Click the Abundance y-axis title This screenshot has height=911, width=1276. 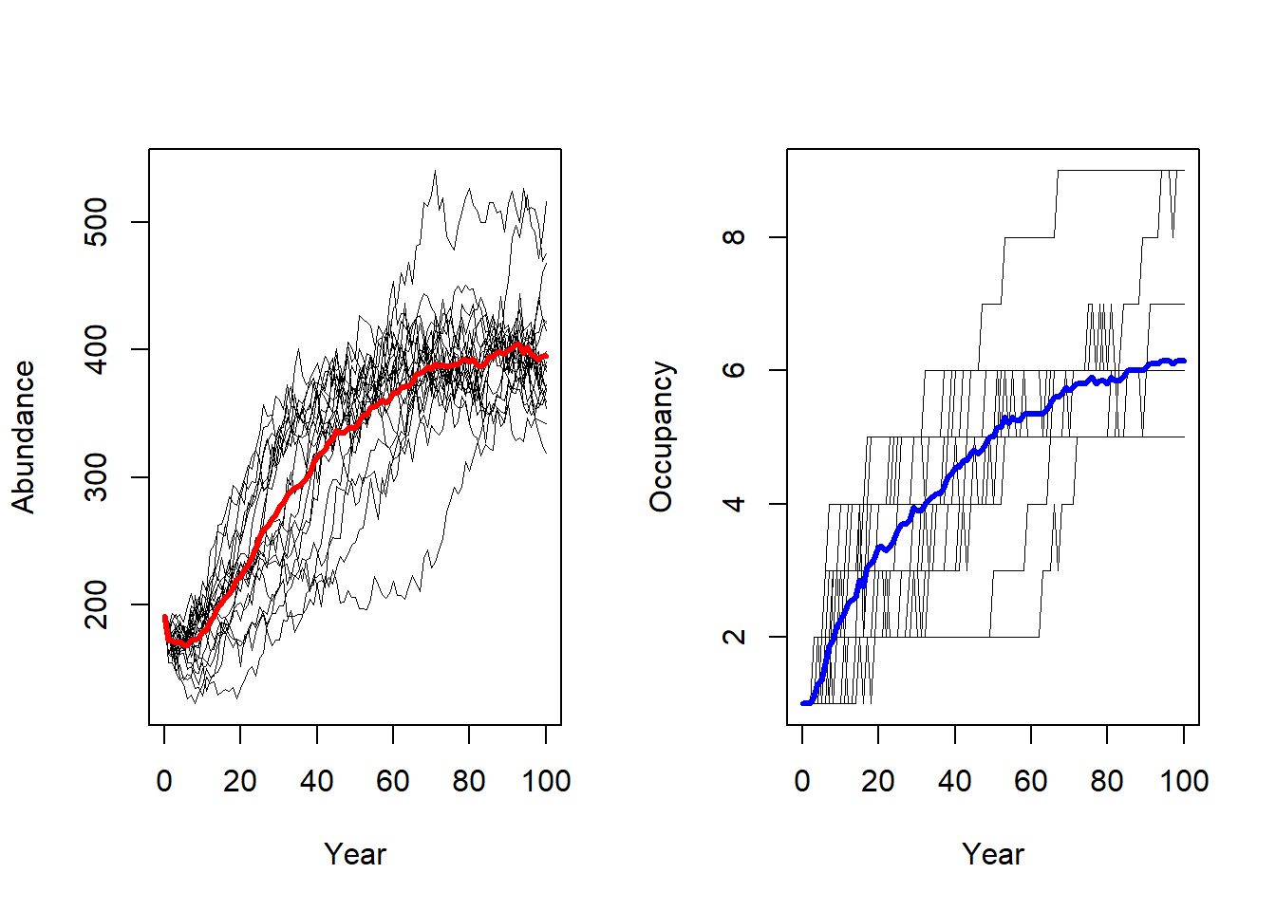(24, 437)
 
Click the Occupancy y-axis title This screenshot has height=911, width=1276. (662, 437)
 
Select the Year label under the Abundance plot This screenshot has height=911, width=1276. (355, 854)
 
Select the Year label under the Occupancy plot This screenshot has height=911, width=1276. (993, 854)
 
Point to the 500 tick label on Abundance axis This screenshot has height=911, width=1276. (97, 222)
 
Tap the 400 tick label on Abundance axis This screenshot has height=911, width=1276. (97, 349)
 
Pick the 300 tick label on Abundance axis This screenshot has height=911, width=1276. (97, 476)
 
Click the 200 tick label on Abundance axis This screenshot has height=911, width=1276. (97, 604)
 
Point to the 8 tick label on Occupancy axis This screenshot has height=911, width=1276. (735, 236)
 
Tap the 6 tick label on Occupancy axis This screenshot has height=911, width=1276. (735, 370)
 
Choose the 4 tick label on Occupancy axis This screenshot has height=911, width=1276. (735, 503)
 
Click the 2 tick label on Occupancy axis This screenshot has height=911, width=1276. (735, 636)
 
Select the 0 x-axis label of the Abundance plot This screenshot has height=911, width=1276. (164, 781)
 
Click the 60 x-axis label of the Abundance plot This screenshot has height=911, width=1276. (393, 781)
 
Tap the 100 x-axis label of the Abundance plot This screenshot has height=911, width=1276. (546, 781)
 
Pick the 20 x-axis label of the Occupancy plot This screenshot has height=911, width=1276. (878, 781)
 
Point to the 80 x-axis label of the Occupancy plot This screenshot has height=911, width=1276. (1107, 781)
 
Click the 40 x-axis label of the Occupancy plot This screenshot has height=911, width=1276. (955, 781)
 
